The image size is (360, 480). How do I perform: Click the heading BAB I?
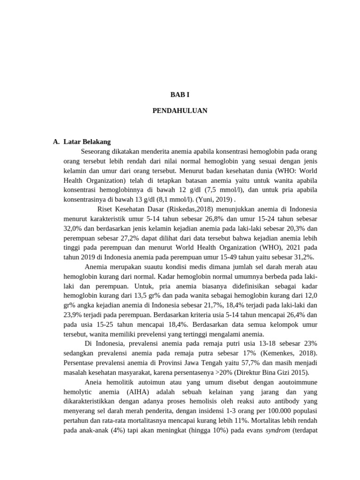[x=180, y=94]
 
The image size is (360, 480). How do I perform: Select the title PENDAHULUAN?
[x=180, y=111]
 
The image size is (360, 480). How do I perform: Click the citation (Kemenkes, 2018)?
[x=290, y=353]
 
